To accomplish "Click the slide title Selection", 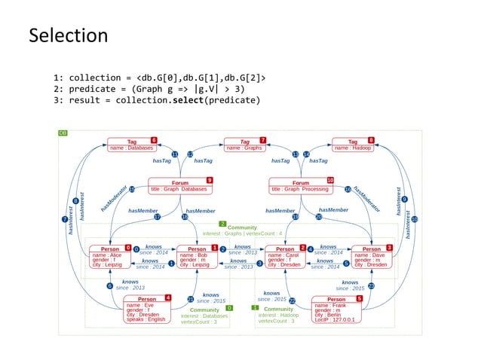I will pyautogui.click(x=68, y=35).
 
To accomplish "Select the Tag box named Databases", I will pyautogui.click(x=131, y=144).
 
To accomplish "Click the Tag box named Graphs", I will pyautogui.click(x=244, y=144).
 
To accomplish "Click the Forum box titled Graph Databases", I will pyautogui.click(x=180, y=185).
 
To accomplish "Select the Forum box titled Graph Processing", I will pyautogui.click(x=300, y=185).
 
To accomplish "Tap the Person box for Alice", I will pyautogui.click(x=110, y=255).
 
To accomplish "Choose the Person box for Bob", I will pyautogui.click(x=197, y=256).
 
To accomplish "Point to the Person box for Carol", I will pyautogui.click(x=284, y=256).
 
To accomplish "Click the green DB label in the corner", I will pyautogui.click(x=63, y=133).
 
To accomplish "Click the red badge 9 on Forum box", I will pyautogui.click(x=209, y=180).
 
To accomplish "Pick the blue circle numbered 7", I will pyautogui.click(x=64, y=218).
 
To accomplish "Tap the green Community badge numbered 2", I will pyautogui.click(x=222, y=224).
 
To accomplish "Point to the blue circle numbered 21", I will pyautogui.click(x=191, y=299).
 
